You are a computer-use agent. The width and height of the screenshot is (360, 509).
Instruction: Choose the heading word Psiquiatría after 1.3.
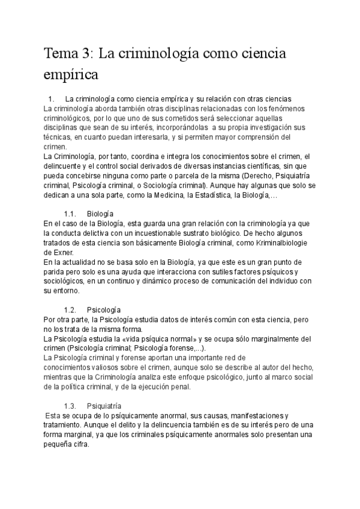[104, 406]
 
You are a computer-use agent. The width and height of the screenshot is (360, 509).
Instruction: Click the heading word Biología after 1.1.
[100, 214]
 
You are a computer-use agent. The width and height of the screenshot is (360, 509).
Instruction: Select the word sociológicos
[65, 281]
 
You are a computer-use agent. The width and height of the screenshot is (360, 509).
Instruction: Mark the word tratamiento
[67, 426]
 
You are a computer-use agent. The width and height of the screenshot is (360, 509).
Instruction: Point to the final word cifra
[77, 445]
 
